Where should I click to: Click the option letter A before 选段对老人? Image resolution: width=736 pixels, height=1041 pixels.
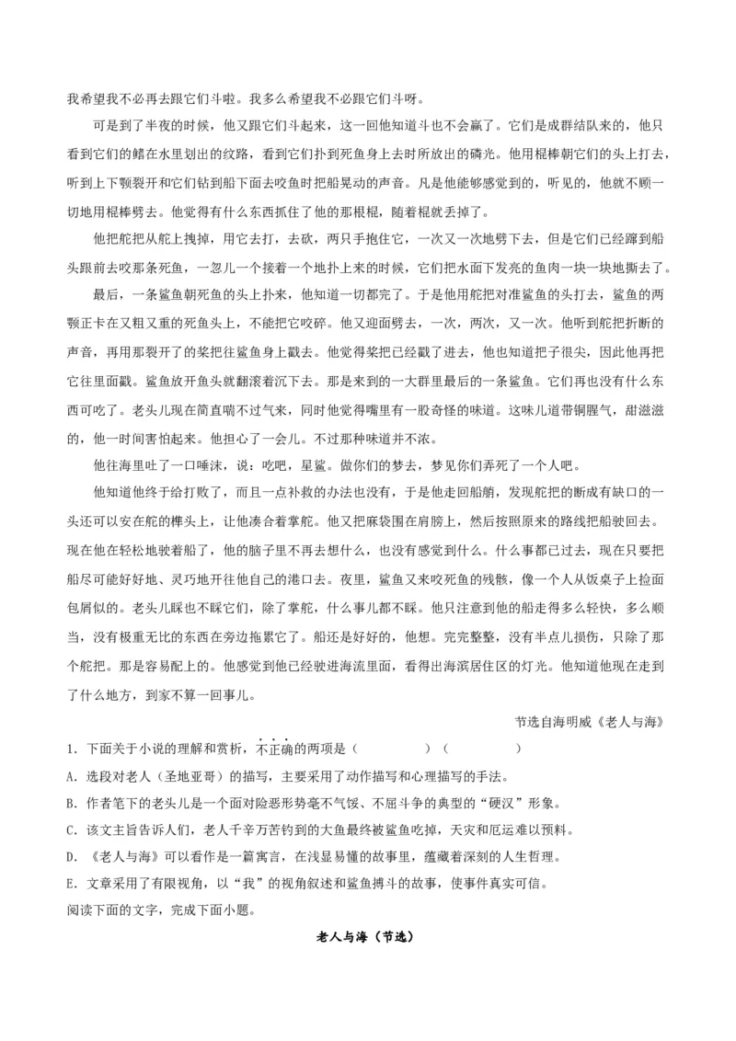click(x=71, y=775)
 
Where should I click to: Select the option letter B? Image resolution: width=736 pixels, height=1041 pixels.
click(x=71, y=802)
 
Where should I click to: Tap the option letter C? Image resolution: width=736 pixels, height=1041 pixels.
click(x=71, y=829)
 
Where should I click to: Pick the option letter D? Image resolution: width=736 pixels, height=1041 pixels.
click(x=71, y=857)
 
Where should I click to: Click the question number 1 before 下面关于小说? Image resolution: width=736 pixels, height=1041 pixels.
click(x=69, y=748)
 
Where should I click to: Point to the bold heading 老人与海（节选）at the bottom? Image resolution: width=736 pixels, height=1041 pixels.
click(x=367, y=939)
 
